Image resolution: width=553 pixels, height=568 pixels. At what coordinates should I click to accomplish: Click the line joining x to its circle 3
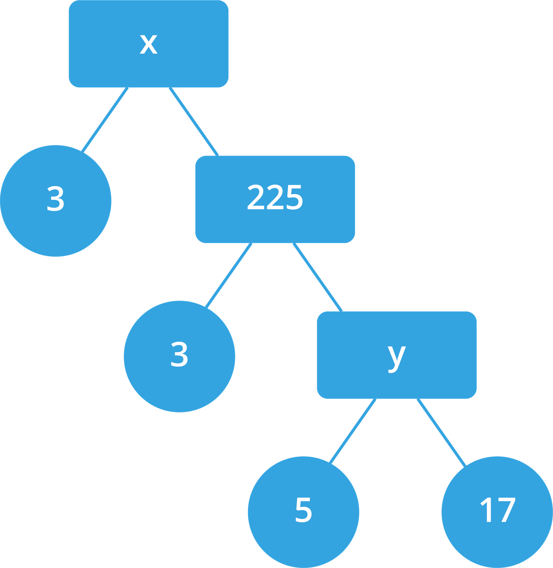pos(105,120)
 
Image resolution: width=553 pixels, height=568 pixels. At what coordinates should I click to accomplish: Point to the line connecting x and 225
pos(194,122)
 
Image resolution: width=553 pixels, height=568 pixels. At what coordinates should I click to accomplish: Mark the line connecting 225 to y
pos(318,277)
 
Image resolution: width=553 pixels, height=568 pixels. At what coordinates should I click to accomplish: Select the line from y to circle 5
pos(353,431)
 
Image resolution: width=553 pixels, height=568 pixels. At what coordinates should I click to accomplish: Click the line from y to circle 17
pos(441,432)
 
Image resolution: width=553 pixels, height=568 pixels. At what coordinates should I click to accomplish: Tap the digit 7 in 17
pos(505,510)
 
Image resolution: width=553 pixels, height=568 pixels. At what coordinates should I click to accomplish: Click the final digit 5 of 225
pos(294,197)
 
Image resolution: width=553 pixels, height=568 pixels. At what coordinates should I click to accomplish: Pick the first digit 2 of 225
pos(256,197)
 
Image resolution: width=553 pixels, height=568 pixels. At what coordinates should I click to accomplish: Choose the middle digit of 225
pos(275,197)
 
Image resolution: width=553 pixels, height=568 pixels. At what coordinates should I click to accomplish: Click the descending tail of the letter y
pos(393,369)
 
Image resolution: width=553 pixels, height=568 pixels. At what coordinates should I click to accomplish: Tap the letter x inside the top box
pos(149,44)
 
